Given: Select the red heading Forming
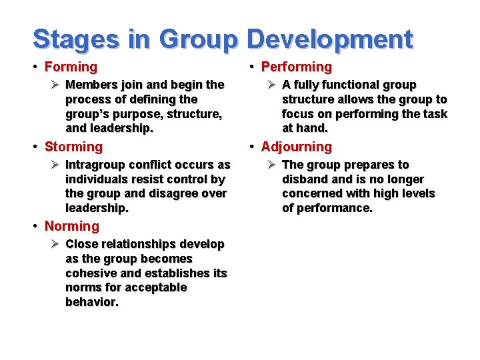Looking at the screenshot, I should (x=71, y=67).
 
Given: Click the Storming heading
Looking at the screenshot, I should (x=73, y=147).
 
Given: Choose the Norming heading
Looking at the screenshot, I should (x=71, y=227).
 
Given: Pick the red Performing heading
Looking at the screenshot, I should (x=296, y=67).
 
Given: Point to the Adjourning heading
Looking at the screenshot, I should (x=296, y=147).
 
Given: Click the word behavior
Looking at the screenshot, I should (x=92, y=302).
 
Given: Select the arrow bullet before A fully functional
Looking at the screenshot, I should (x=272, y=85).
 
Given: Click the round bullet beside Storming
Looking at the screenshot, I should (x=35, y=147).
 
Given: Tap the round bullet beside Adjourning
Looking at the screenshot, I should (x=251, y=147).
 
